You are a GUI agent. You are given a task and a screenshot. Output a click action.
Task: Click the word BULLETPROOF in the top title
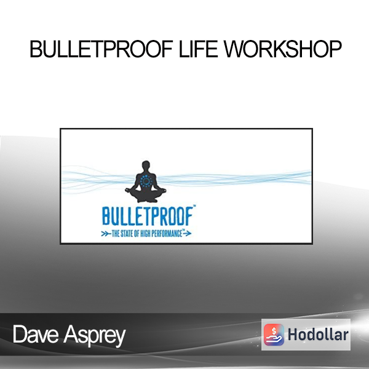101,49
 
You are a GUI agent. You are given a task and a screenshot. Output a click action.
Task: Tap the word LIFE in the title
198,49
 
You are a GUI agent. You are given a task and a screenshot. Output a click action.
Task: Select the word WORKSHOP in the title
282,49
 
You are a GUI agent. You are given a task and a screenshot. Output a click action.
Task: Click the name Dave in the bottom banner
36,335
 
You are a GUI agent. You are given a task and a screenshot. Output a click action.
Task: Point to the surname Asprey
94,336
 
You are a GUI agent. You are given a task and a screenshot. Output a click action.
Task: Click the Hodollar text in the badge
318,335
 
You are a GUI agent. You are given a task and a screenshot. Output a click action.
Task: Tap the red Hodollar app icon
274,335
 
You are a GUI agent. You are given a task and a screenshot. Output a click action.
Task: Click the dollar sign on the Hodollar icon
274,331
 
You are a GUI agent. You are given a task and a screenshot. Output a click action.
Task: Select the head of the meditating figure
146,165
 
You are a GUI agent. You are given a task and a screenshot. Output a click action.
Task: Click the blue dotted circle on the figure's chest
146,181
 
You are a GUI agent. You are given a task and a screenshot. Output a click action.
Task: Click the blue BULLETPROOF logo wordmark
148,216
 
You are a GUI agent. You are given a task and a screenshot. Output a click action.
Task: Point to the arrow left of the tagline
106,234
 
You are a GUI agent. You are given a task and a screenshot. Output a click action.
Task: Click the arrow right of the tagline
187,234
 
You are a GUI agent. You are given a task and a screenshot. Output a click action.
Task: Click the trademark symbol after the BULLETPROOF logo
194,207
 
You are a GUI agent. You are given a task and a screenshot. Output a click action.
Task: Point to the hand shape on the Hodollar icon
274,339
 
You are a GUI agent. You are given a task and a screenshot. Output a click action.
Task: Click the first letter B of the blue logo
105,216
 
